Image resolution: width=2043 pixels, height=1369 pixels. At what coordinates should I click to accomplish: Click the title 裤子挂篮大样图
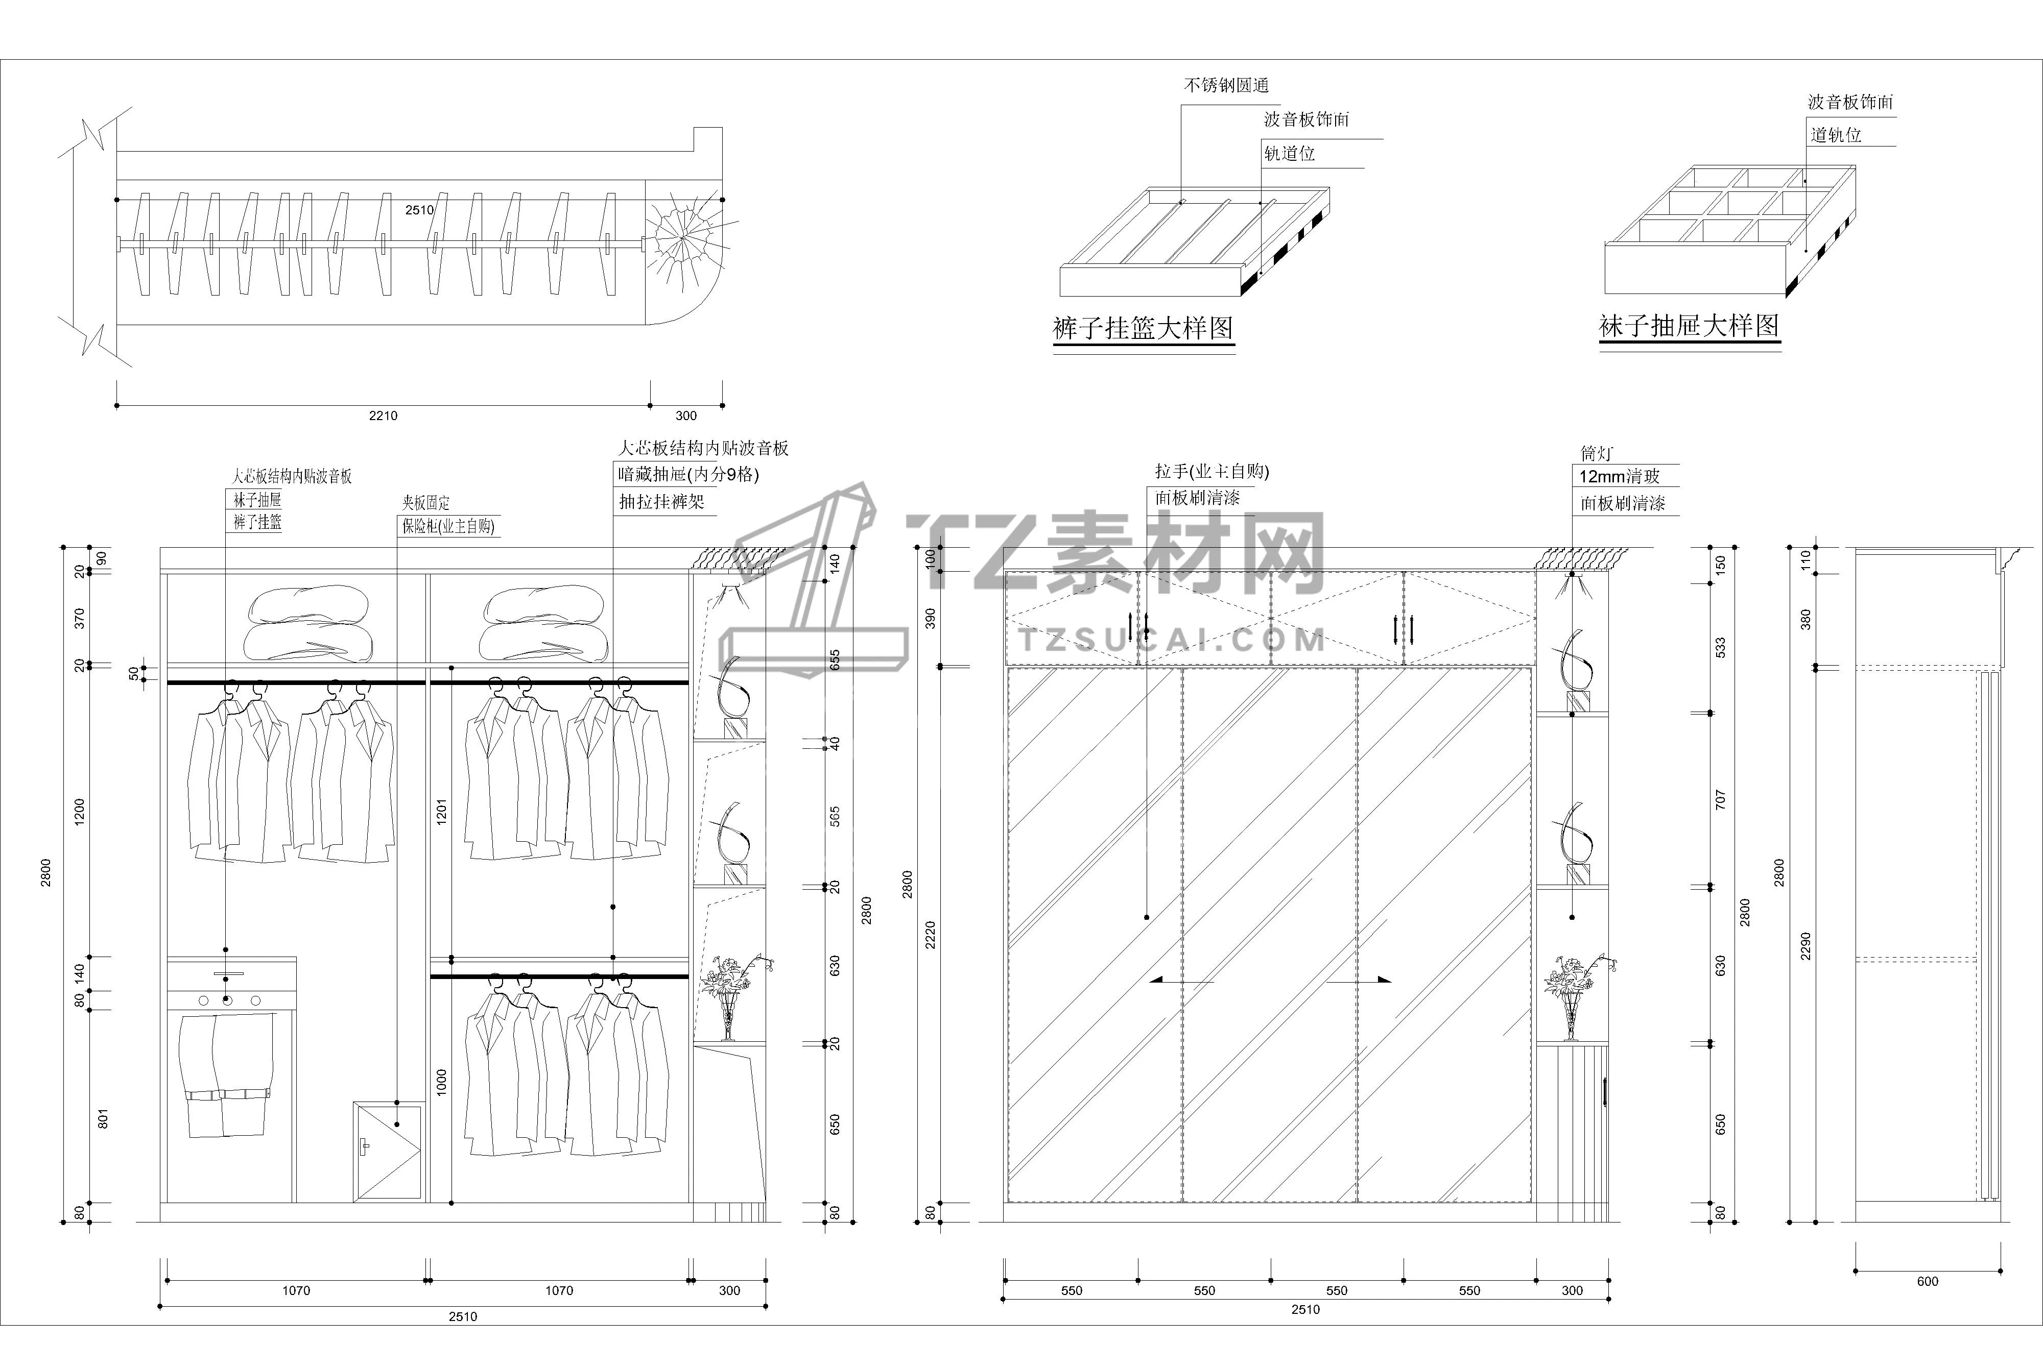click(1143, 328)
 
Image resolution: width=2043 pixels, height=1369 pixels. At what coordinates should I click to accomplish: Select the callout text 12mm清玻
click(1619, 477)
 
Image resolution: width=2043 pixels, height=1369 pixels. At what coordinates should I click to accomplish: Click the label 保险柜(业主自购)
click(448, 526)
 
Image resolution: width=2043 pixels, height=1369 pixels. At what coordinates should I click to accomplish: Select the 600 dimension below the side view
click(1927, 1282)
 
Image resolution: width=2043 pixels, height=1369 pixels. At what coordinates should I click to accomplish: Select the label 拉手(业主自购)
click(1211, 472)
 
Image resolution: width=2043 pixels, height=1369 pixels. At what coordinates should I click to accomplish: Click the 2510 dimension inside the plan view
click(419, 210)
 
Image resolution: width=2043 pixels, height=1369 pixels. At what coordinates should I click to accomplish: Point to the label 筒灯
click(1596, 454)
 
